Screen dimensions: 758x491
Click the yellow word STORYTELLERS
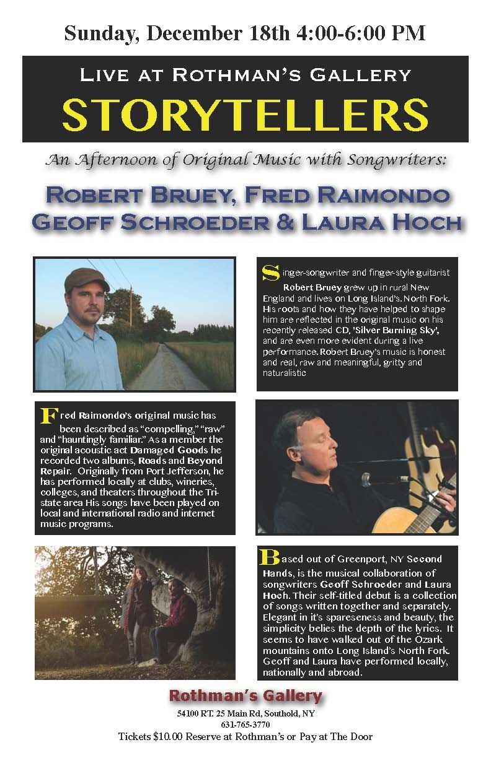tap(245, 113)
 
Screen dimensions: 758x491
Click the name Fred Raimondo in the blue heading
tap(347, 195)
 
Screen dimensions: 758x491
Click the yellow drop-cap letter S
tap(270, 272)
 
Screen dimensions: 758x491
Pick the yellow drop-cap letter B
tap(270, 557)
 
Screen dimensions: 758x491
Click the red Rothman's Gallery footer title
tap(245, 695)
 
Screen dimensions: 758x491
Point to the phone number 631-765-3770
tap(245, 725)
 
